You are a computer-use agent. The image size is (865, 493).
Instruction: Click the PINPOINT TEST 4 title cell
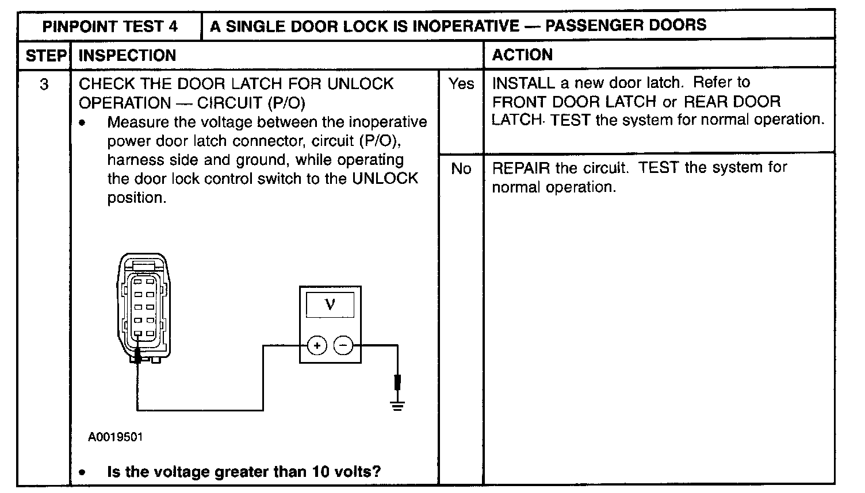click(110, 26)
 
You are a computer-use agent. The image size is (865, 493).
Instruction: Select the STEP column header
click(45, 56)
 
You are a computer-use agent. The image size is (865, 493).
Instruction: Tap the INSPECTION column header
click(127, 56)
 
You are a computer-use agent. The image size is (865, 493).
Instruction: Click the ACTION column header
click(522, 55)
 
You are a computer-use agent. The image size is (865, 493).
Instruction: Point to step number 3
click(44, 84)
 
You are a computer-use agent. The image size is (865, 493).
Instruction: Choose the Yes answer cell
click(461, 84)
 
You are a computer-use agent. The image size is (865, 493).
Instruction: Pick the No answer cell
click(461, 168)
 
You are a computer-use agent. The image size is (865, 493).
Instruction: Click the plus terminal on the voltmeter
click(317, 345)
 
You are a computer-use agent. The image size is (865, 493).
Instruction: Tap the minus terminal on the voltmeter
click(343, 345)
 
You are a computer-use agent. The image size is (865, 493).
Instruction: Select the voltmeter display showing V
click(330, 304)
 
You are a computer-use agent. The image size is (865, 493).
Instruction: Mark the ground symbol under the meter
click(397, 405)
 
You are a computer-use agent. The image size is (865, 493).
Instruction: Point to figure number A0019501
click(116, 437)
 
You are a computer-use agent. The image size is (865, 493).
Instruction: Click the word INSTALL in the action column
click(523, 83)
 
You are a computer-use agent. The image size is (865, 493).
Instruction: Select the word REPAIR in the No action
click(521, 168)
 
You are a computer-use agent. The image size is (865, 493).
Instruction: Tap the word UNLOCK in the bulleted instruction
click(385, 178)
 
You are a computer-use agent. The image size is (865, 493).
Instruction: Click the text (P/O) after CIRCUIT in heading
click(286, 103)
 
